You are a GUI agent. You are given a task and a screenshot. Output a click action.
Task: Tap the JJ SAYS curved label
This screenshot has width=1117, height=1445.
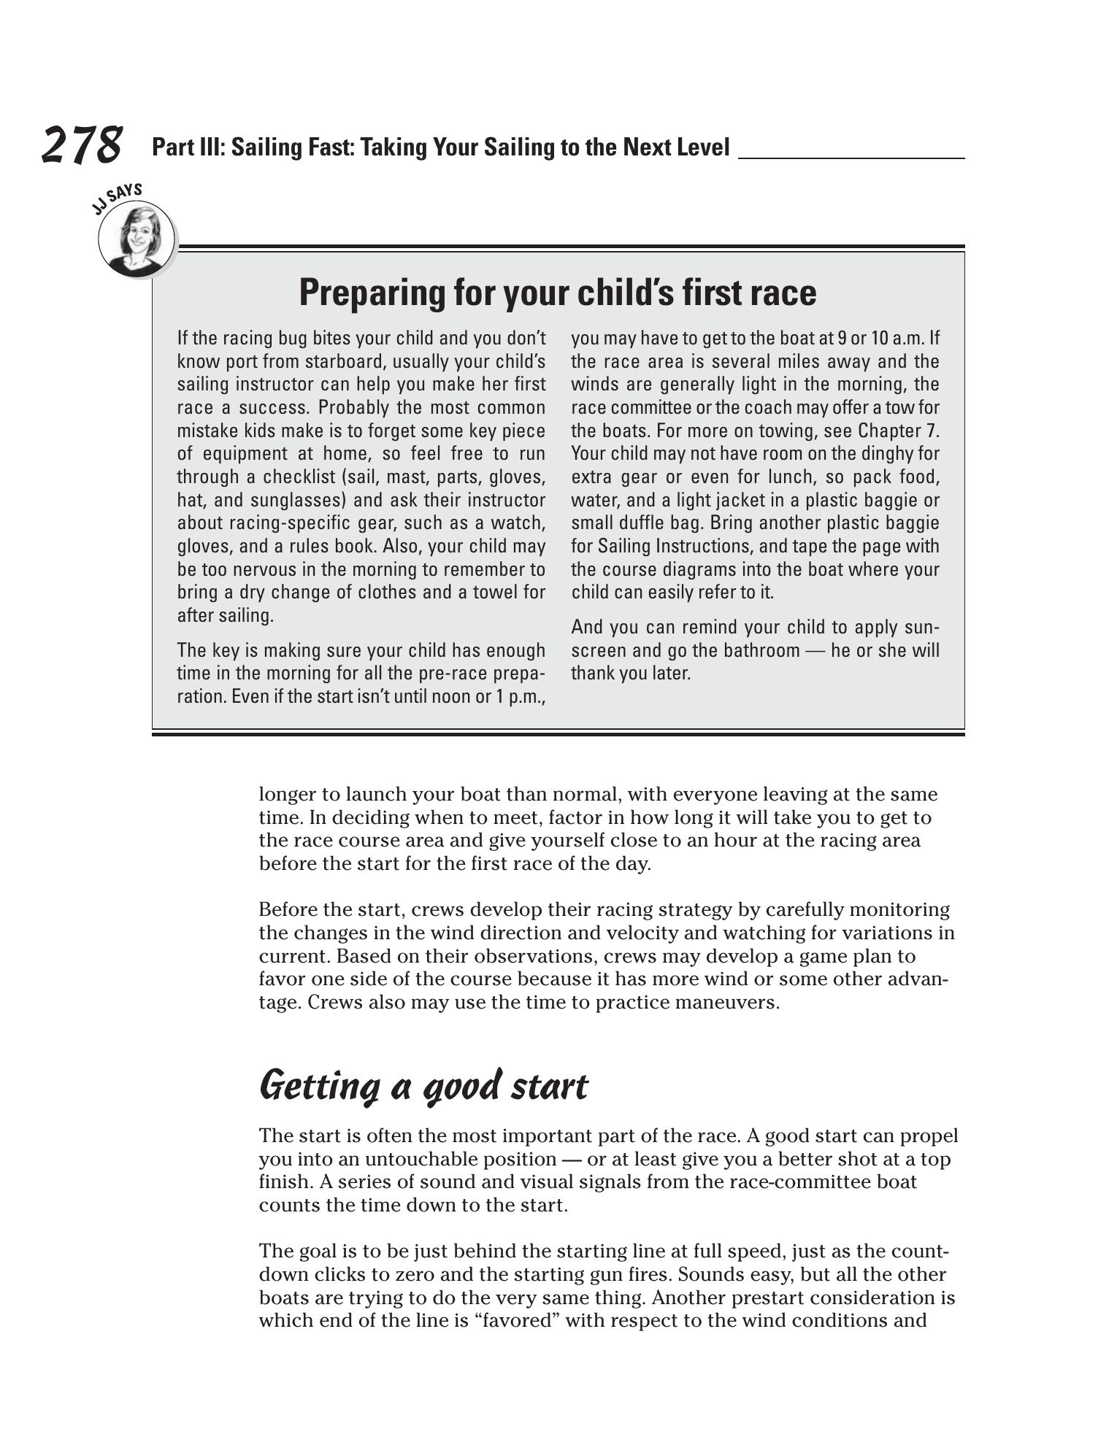click(x=117, y=199)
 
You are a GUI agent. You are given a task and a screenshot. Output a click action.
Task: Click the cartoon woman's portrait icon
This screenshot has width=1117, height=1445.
click(x=137, y=239)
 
